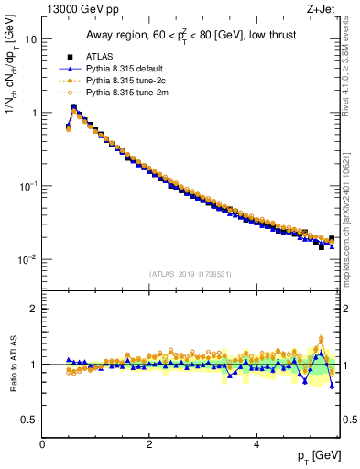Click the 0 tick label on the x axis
(42, 444)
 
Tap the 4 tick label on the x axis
(256, 444)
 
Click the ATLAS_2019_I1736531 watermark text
(191, 274)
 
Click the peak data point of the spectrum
(74, 108)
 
